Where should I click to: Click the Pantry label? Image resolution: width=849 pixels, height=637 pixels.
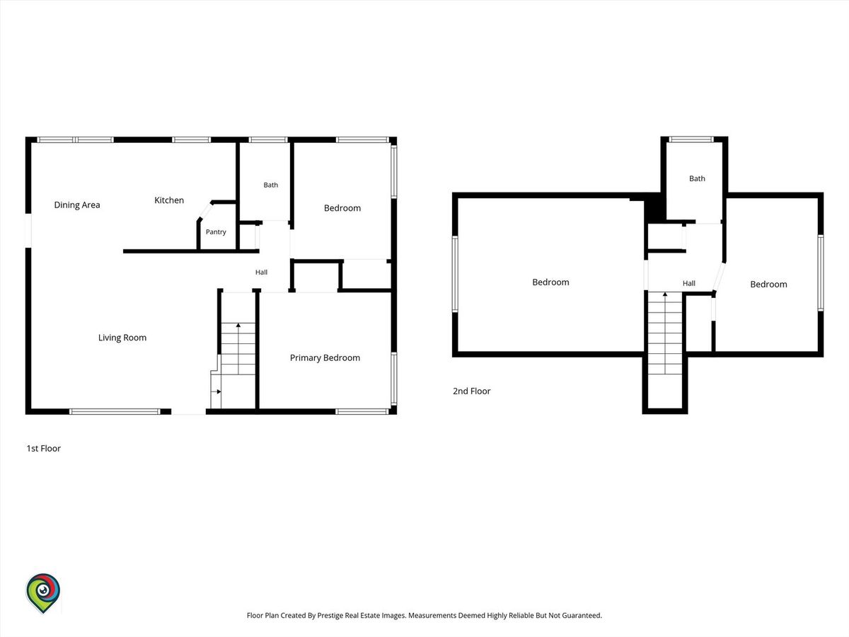(216, 232)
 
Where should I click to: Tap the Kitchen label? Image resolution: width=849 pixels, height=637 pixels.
(169, 200)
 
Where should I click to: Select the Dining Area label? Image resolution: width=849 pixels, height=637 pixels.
(77, 205)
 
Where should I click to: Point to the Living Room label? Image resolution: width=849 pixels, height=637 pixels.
(122, 338)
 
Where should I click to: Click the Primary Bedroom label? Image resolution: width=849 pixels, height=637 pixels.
(325, 357)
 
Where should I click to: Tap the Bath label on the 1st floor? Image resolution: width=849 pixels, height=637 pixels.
(271, 185)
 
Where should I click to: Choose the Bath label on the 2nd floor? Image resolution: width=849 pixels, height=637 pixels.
(697, 178)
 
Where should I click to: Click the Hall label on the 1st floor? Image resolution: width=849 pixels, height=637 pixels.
(261, 272)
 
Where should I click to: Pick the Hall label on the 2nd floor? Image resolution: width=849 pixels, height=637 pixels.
(689, 284)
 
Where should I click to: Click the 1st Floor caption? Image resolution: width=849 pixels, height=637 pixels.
(44, 448)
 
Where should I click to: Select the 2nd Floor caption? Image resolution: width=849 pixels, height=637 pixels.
(471, 391)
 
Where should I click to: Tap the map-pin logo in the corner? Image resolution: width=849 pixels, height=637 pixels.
(43, 592)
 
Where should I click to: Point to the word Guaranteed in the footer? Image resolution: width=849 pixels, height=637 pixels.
(582, 615)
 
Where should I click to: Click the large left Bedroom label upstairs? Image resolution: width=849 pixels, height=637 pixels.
(550, 282)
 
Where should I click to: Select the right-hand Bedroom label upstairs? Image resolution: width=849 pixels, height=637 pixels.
(768, 285)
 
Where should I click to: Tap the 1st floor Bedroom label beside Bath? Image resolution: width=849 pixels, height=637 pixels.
(342, 208)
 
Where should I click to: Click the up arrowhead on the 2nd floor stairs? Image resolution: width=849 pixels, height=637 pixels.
(665, 294)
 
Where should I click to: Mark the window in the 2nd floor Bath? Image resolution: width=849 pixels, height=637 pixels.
(691, 139)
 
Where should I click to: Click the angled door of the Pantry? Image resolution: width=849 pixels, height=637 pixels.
(206, 211)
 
